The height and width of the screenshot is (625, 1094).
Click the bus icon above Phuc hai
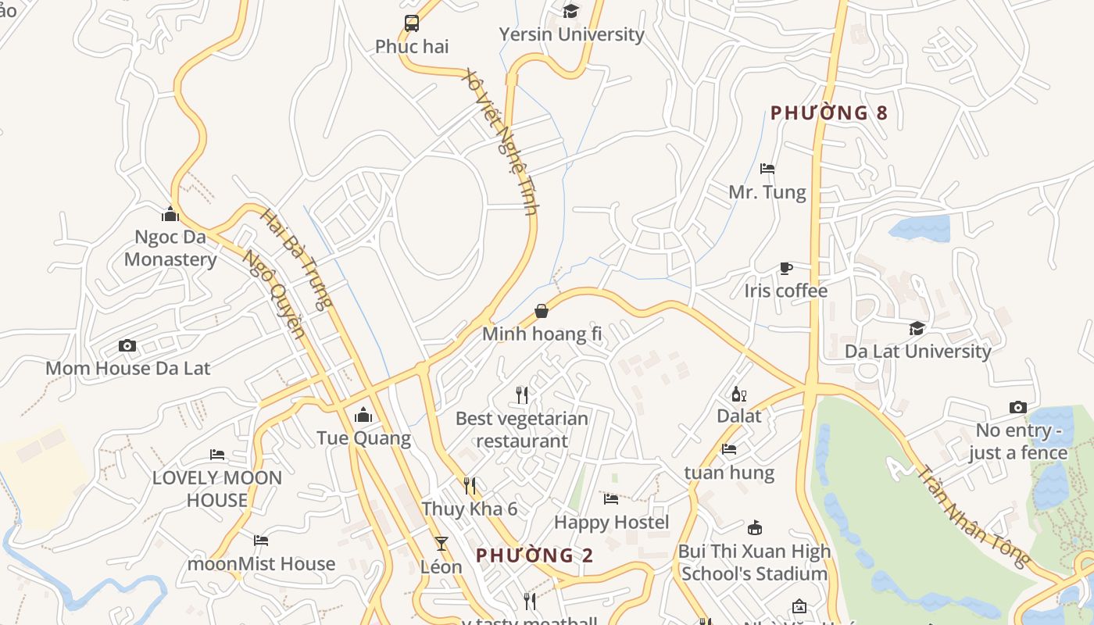[412, 23]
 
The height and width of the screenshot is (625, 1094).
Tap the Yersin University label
[571, 34]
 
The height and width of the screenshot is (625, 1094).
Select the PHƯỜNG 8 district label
[829, 113]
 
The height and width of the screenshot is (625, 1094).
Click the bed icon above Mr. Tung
[767, 169]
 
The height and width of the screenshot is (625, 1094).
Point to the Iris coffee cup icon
[786, 269]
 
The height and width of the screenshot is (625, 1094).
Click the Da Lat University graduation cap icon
[917, 329]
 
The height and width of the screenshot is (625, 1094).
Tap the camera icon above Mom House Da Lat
[127, 345]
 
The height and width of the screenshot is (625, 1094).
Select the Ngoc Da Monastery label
[170, 248]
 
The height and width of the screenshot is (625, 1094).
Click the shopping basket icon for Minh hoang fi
[542, 312]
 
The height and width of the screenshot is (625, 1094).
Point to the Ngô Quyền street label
[273, 294]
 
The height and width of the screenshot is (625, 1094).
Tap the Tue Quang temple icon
[363, 415]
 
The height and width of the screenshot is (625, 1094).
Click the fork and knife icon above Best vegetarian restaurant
[522, 395]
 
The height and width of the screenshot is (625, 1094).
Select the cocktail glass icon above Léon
[442, 544]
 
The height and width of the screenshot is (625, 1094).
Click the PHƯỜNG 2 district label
[534, 555]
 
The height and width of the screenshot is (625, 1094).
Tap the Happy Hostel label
[611, 522]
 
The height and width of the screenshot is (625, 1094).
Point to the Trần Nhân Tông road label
[974, 516]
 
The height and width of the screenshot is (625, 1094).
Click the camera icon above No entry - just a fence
[1017, 407]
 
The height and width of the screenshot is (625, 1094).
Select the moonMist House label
[261, 563]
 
